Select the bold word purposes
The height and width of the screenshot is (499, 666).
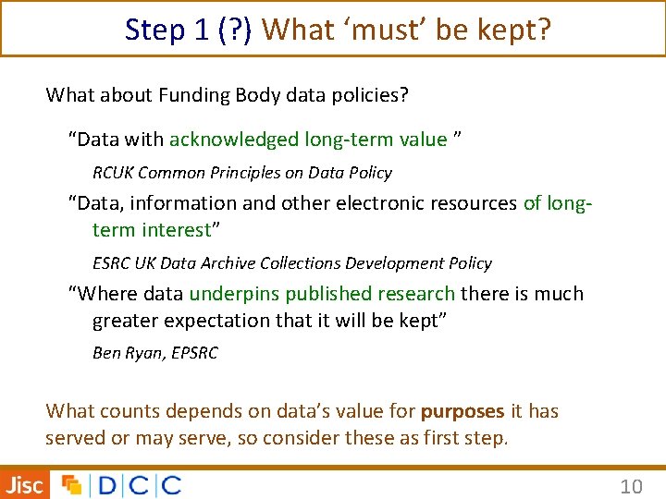(x=462, y=411)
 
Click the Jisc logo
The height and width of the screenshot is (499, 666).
(x=25, y=484)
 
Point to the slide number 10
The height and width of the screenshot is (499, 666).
(x=631, y=485)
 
